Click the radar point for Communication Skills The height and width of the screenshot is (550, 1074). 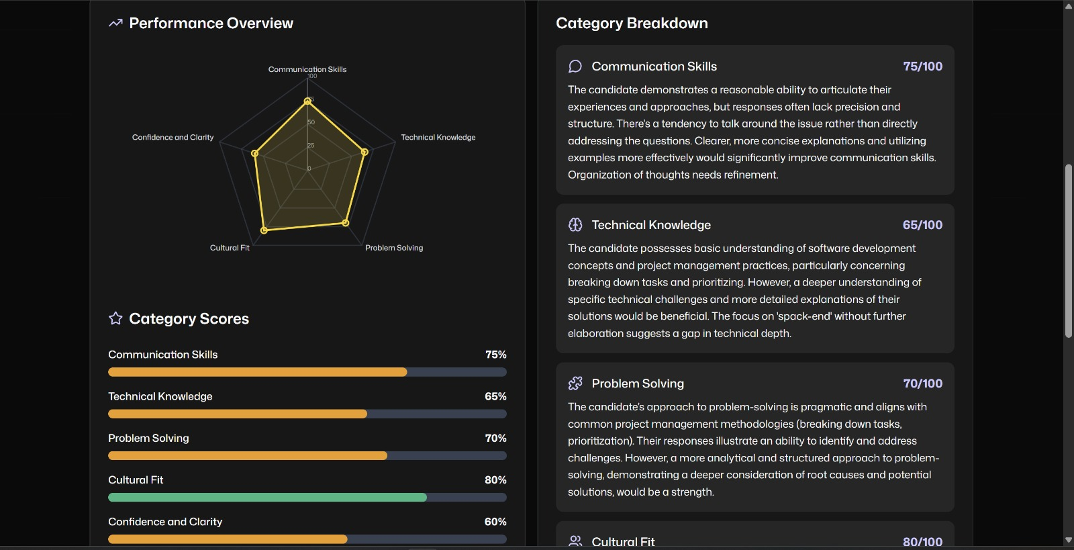click(x=307, y=101)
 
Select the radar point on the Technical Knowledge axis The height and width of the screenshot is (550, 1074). click(x=364, y=152)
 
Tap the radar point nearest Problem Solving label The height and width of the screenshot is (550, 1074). click(x=346, y=222)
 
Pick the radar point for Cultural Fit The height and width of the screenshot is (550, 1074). click(x=264, y=230)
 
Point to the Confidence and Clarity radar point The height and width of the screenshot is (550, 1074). click(x=254, y=153)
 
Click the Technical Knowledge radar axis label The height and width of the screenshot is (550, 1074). click(x=438, y=138)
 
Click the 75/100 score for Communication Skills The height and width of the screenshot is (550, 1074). click(x=922, y=66)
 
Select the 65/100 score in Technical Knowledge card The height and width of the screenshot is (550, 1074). click(x=922, y=225)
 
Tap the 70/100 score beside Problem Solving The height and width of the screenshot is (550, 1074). click(x=922, y=383)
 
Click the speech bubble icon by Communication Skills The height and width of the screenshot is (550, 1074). click(x=575, y=66)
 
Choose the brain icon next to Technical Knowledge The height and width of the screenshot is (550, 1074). click(x=575, y=225)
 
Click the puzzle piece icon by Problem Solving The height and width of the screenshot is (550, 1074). click(x=575, y=383)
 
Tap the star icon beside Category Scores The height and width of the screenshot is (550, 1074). click(x=115, y=318)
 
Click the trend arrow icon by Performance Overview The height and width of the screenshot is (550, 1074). click(x=115, y=24)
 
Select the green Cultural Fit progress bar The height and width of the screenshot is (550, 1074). click(x=267, y=498)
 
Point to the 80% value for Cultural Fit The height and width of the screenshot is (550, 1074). click(x=495, y=480)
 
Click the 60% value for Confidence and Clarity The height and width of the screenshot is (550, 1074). click(x=495, y=522)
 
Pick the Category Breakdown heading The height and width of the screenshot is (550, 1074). click(x=632, y=24)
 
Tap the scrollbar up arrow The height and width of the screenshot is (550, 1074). click(x=1069, y=6)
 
